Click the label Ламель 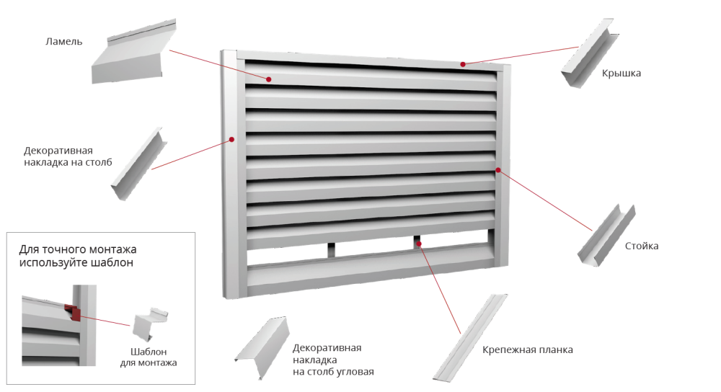coord(64,42)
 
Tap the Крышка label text coord(621,73)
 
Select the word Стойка coord(641,246)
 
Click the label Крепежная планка coord(528,350)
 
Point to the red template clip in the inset coord(72,311)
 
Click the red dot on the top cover coord(463,64)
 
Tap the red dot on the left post coord(231,138)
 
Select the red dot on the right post coord(498,170)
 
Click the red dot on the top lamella coord(269,79)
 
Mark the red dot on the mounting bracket coord(420,244)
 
